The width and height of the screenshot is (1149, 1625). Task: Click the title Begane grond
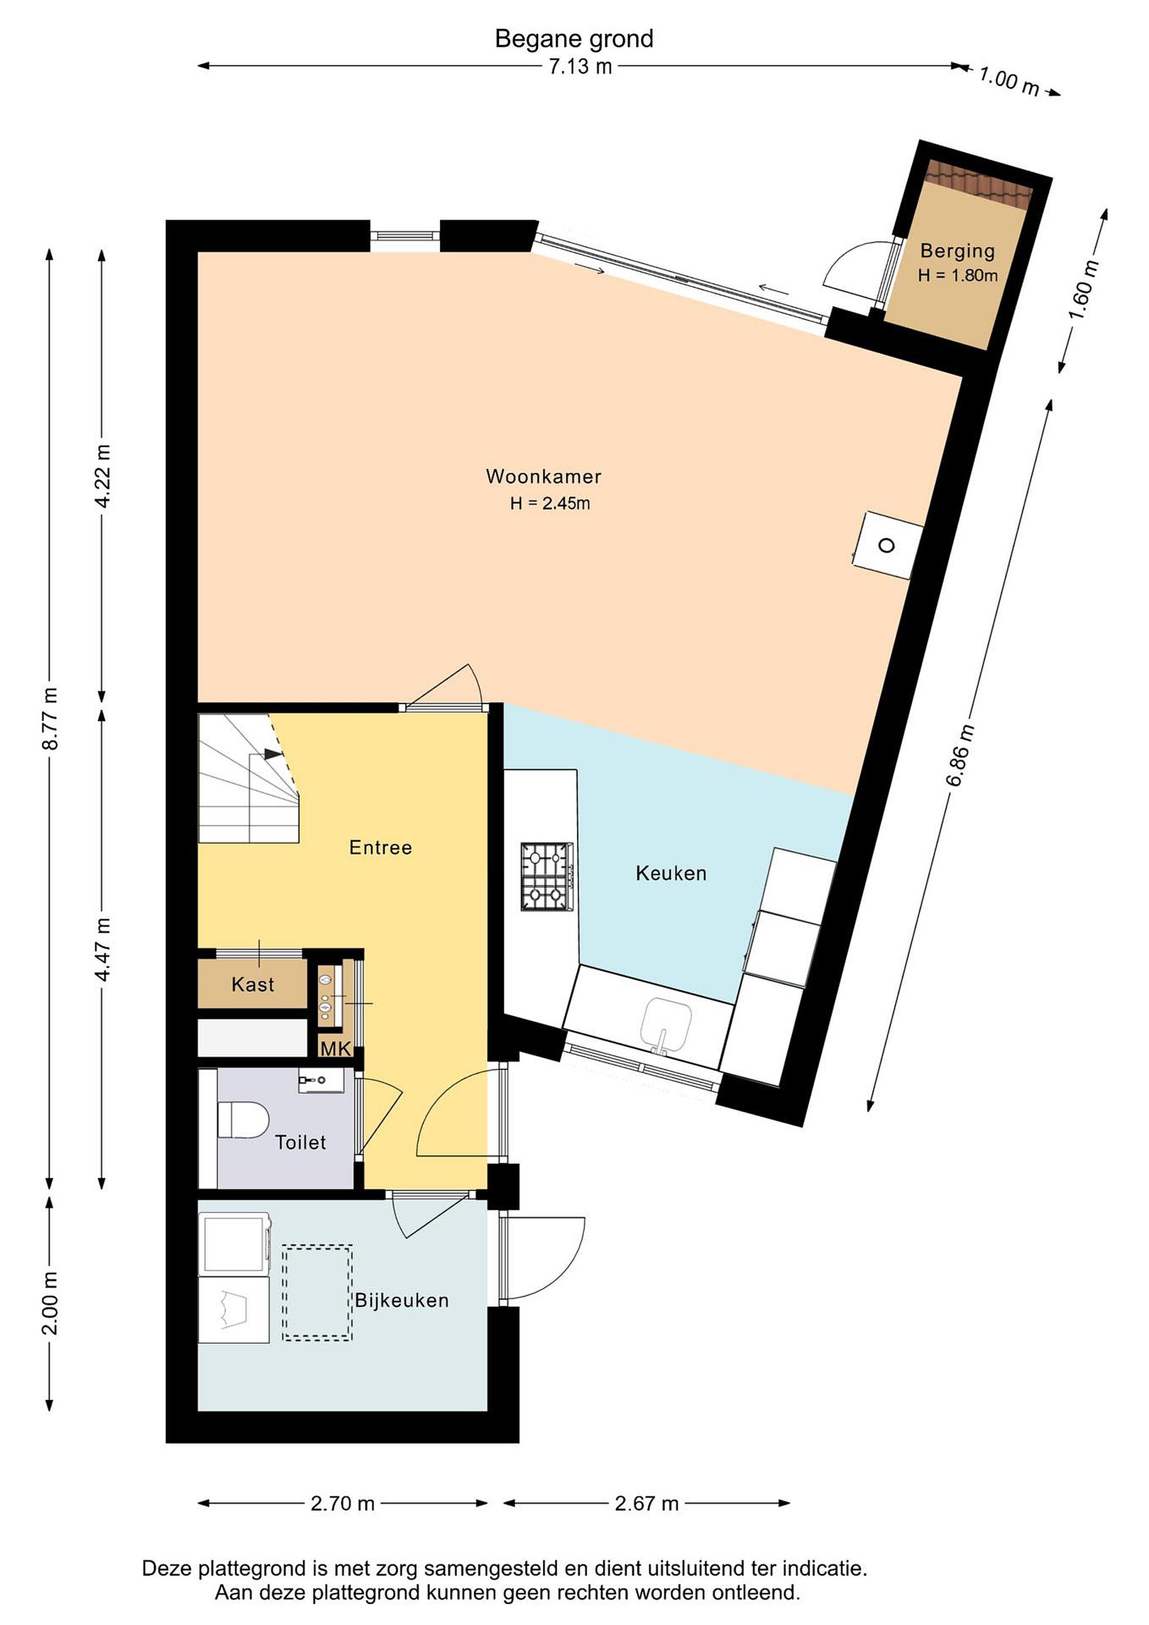(574, 39)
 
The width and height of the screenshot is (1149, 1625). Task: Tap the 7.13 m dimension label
(580, 67)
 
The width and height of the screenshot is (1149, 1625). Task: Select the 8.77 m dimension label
(50, 718)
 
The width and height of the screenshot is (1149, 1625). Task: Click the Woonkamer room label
(543, 476)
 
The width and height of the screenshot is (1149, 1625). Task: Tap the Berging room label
(957, 251)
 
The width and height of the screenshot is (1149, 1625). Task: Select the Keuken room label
(671, 873)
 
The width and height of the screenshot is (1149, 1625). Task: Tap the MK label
(336, 1048)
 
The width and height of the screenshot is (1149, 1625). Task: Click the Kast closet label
(253, 985)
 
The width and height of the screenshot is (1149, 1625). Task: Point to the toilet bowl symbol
(243, 1119)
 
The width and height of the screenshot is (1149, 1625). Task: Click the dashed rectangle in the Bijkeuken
(318, 1292)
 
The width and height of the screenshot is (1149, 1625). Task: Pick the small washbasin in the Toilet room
(320, 1081)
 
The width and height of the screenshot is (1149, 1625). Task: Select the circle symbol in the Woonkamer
(886, 546)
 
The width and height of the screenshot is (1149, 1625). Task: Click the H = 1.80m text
(957, 275)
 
